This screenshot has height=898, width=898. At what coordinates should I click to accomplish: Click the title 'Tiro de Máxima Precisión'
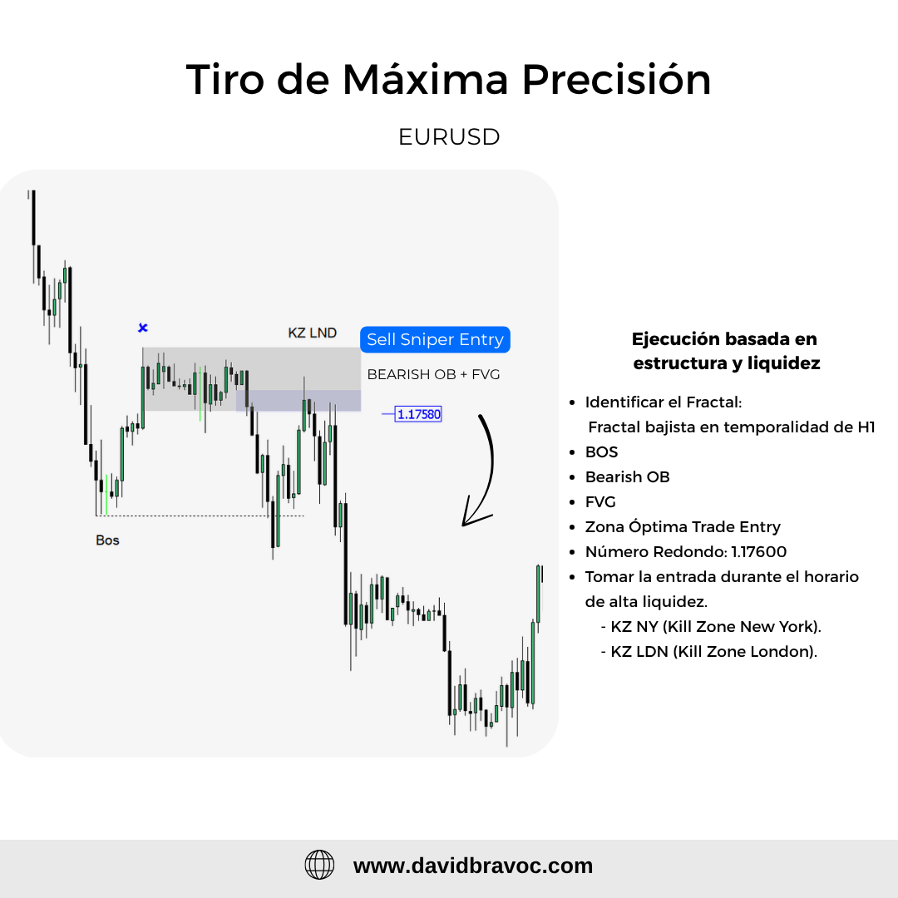(448, 79)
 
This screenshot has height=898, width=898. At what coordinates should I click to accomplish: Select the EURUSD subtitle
(449, 137)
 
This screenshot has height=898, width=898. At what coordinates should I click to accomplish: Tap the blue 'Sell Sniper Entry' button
(435, 339)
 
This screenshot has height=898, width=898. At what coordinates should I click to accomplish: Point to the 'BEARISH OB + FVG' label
(433, 374)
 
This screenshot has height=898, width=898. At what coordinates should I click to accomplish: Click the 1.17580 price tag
(418, 414)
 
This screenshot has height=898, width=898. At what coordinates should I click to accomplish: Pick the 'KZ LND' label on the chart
(312, 333)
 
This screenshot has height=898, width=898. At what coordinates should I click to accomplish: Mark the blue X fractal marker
(143, 328)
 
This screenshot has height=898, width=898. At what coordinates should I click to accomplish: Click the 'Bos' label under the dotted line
(107, 540)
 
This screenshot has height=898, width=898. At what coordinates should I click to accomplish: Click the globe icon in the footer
(319, 865)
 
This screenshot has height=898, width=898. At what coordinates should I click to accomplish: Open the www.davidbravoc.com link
(473, 866)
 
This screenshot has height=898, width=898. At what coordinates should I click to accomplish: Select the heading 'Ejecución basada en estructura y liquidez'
(726, 351)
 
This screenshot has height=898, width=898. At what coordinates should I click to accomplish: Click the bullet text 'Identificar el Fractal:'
(664, 402)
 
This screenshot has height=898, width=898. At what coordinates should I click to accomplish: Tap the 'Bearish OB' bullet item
(627, 477)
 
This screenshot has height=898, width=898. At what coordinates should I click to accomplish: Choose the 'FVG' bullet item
(600, 501)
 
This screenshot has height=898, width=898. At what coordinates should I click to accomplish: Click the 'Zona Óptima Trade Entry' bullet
(683, 527)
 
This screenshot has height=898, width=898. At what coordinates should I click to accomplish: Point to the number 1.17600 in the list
(759, 551)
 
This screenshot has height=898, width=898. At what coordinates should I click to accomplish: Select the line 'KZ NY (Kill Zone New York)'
(716, 627)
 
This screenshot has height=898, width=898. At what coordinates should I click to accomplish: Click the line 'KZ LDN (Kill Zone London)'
(714, 652)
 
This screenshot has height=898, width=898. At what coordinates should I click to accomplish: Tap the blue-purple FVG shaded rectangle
(299, 401)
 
